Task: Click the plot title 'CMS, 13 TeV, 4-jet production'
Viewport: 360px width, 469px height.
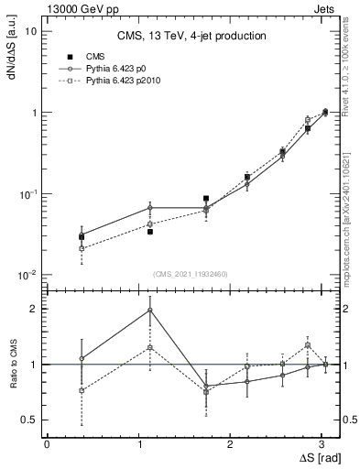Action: tap(191, 36)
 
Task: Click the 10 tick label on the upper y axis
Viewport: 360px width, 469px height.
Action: tap(30, 31)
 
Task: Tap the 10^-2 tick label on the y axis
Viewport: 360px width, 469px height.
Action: tap(27, 276)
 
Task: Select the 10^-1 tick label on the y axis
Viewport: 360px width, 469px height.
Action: tap(27, 194)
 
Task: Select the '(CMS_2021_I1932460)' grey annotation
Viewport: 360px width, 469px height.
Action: tap(191, 274)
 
